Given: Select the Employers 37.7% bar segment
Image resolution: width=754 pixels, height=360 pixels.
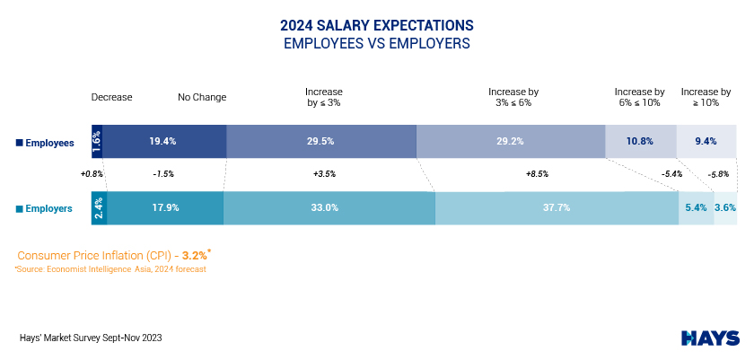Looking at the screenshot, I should pos(557,207).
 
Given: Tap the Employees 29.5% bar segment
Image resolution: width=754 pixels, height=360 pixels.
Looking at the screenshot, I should pos(321,142).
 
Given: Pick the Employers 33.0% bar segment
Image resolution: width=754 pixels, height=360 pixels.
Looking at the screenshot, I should pos(329,207).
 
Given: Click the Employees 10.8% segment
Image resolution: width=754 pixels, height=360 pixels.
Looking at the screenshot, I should pos(639,142).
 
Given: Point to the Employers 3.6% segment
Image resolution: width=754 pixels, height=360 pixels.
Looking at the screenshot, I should pos(725,207).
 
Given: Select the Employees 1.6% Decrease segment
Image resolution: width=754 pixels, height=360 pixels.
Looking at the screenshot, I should pos(97,142).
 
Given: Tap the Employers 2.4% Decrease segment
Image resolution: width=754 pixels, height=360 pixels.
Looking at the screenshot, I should pos(99,207).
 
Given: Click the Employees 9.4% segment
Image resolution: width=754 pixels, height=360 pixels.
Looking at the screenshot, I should pos(706,142).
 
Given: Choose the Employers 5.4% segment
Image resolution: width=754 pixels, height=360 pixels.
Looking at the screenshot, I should pos(696,207).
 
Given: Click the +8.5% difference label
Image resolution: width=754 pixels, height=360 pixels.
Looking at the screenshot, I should pos(537,174).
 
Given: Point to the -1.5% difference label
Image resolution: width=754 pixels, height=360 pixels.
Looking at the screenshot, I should pos(164,174).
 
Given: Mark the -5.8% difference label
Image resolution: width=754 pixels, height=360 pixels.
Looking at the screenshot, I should pos(720,174).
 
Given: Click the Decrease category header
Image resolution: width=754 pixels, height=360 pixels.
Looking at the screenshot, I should pos(111,97).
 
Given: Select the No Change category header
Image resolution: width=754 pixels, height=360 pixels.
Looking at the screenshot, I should pos(202,97).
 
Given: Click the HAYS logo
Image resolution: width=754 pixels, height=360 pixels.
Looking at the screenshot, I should pos(710,338).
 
